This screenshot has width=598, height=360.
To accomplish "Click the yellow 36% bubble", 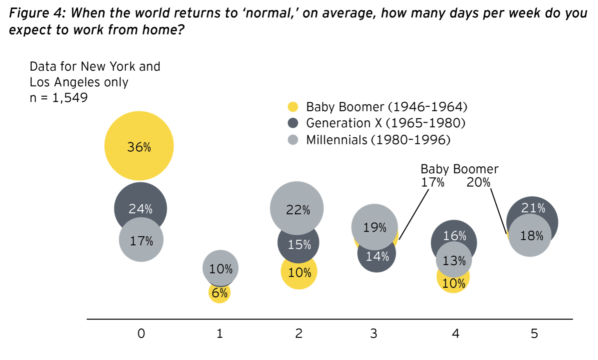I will (x=139, y=146).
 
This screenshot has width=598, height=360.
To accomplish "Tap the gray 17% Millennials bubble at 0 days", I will (x=141, y=240).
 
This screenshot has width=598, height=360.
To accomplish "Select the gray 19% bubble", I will (x=374, y=227).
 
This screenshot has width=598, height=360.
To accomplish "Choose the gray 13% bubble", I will (x=454, y=260).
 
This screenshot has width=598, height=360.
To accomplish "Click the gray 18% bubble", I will (x=530, y=236).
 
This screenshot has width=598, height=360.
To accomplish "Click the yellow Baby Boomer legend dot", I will (x=293, y=107).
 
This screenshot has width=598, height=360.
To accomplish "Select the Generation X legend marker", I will (x=293, y=123).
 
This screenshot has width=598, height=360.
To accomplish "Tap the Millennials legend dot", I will (x=293, y=140).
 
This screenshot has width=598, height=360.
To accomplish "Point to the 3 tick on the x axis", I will (x=374, y=333).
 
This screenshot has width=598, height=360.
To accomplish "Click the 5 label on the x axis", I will (x=534, y=333).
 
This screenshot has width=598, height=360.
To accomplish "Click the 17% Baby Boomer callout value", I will (x=432, y=182).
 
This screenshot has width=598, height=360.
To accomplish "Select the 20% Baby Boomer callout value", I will (x=478, y=182).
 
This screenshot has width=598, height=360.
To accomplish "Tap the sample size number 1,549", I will (x=70, y=98).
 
